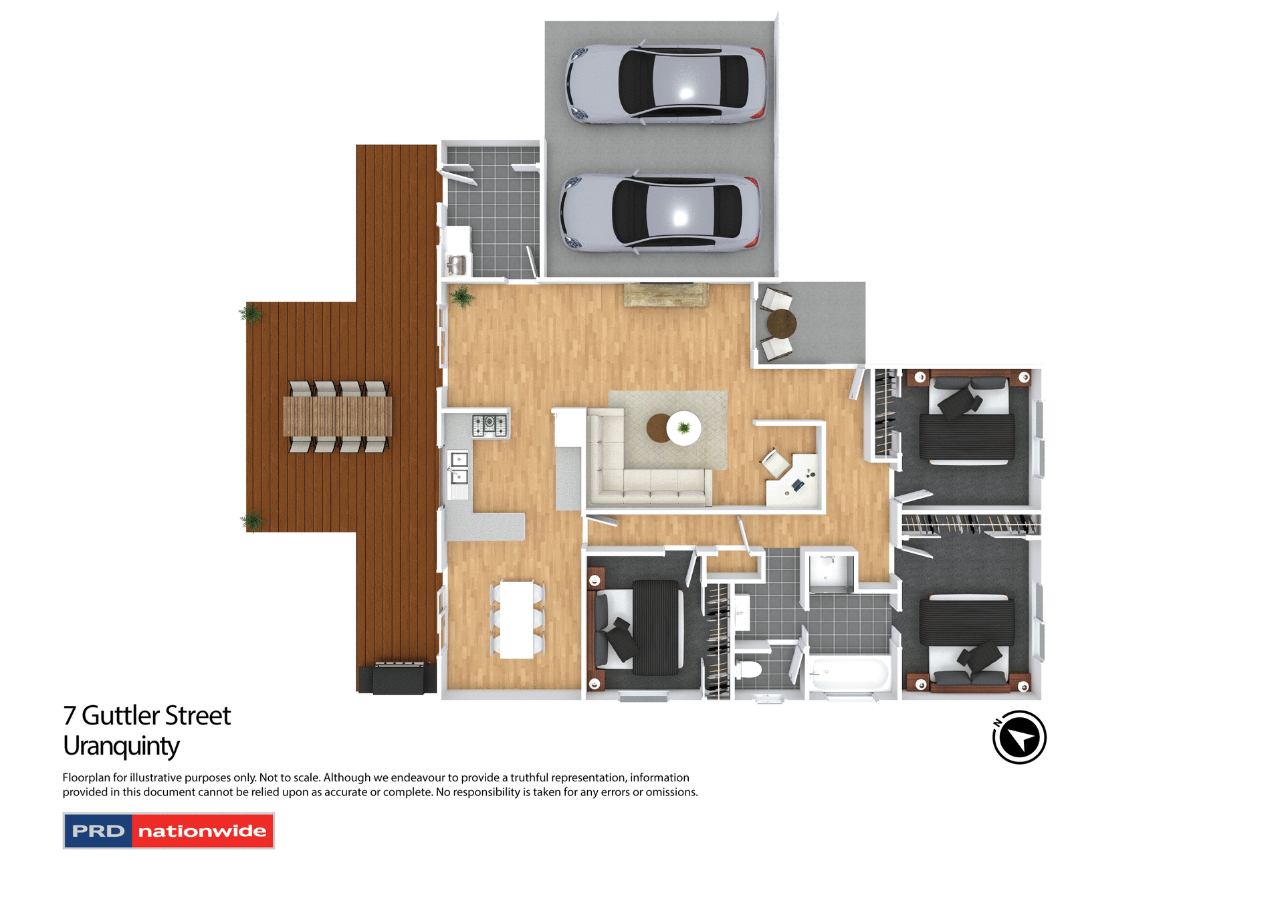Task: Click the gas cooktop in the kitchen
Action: [490, 425]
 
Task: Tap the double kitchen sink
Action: [459, 468]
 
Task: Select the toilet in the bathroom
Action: [749, 668]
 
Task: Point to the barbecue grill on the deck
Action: [399, 678]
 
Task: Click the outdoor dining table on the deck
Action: [338, 416]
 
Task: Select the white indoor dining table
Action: [517, 620]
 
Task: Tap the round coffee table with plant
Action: [682, 428]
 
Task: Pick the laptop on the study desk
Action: [798, 484]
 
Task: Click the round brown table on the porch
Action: [781, 324]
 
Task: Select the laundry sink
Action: [457, 265]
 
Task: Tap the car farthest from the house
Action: [666, 84]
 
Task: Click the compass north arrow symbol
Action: [1019, 738]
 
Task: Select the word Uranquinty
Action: [121, 747]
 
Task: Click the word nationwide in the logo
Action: [202, 831]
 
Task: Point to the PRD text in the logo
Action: [98, 831]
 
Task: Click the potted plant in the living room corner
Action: [461, 296]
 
